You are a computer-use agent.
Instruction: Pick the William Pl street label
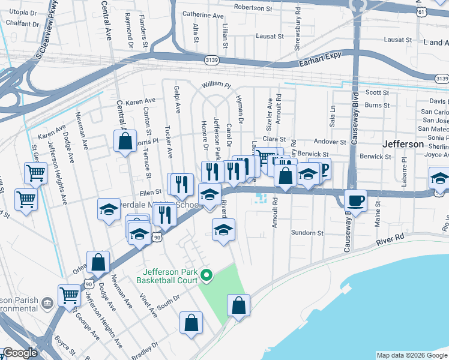(x=216, y=85)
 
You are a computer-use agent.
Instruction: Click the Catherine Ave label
(x=202, y=14)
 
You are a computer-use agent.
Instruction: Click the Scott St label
(x=378, y=92)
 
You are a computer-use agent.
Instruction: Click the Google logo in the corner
(x=19, y=353)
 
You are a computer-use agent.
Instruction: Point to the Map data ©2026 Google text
(x=411, y=355)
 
